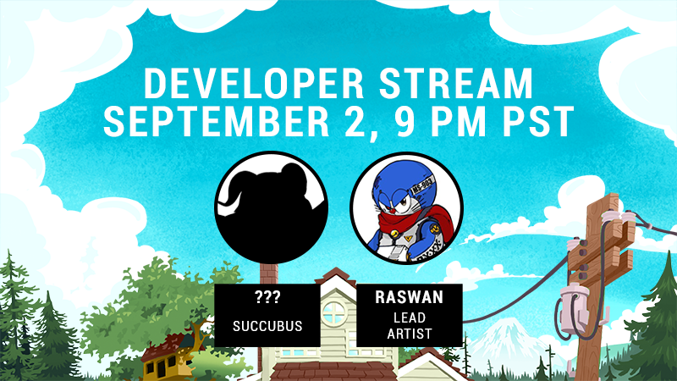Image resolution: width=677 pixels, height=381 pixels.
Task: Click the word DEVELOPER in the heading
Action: (254, 83)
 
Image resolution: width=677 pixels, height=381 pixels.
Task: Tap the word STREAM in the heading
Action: (456, 83)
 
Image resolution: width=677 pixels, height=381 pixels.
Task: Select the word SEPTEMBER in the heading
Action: (217, 122)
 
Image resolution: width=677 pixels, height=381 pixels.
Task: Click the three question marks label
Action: (267, 297)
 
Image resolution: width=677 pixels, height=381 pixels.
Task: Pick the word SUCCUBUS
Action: (267, 326)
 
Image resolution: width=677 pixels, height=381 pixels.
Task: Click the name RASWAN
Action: (410, 297)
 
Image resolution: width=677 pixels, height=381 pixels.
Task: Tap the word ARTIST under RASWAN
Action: (410, 334)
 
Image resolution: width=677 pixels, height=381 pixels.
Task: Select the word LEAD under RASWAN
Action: (410, 318)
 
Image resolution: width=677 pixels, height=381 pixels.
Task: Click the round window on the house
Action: (333, 312)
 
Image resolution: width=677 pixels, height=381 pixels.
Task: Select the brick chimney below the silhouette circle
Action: (269, 273)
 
